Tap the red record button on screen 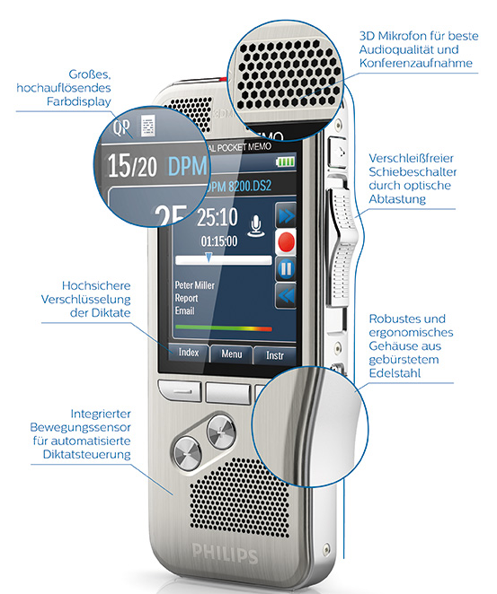click(x=286, y=242)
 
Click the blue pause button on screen click(x=286, y=269)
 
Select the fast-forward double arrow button click(x=286, y=215)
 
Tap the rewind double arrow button click(x=286, y=295)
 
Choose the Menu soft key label click(x=232, y=354)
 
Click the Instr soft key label click(x=275, y=355)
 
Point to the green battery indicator click(x=285, y=162)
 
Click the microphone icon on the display click(x=256, y=226)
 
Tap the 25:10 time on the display click(x=217, y=217)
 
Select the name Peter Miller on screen click(x=195, y=284)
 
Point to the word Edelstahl click(x=395, y=373)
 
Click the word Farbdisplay click(x=79, y=101)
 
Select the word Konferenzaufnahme click(x=416, y=63)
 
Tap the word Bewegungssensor click(x=80, y=427)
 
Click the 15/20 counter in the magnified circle click(x=132, y=166)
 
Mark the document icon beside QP click(x=148, y=126)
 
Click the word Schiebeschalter click(x=413, y=171)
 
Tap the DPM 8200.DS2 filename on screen click(x=239, y=186)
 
